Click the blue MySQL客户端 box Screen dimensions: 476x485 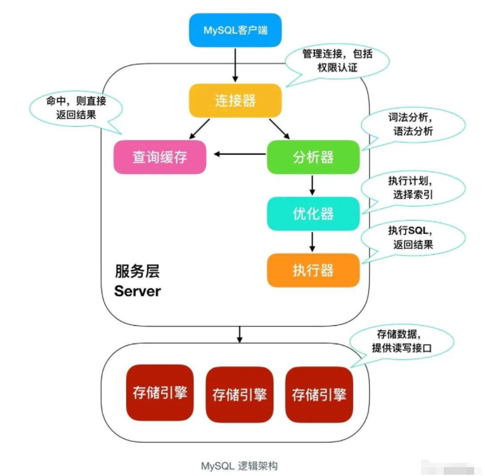click(x=234, y=30)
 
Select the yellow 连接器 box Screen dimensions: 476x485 click(x=235, y=100)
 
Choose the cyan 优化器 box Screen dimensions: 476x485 click(x=313, y=213)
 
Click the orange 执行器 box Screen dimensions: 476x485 click(x=313, y=270)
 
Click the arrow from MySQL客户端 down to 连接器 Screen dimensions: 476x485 click(x=235, y=65)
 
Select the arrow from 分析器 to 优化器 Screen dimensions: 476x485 click(x=313, y=185)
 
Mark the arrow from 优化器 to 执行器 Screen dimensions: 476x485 click(x=313, y=241)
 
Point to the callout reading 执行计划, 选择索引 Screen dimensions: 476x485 click(x=412, y=186)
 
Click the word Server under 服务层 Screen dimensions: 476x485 click(x=138, y=292)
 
